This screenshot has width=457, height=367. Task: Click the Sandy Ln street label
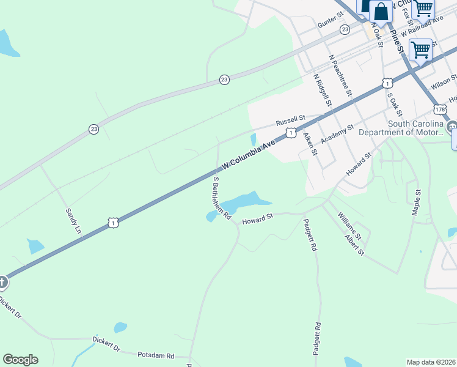(x=73, y=221)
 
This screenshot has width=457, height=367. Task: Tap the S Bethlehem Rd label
(x=221, y=199)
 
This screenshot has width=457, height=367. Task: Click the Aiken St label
(x=310, y=144)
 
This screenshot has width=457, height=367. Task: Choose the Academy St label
(x=338, y=133)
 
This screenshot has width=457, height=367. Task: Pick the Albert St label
(x=354, y=244)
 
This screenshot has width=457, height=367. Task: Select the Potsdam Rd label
(x=156, y=355)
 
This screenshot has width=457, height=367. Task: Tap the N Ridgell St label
(x=321, y=91)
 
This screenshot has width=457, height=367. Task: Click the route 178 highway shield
(x=440, y=109)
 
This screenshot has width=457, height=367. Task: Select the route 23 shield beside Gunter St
(x=345, y=29)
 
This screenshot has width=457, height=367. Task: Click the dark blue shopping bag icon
(x=381, y=11)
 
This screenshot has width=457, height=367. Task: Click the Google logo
(x=20, y=360)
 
